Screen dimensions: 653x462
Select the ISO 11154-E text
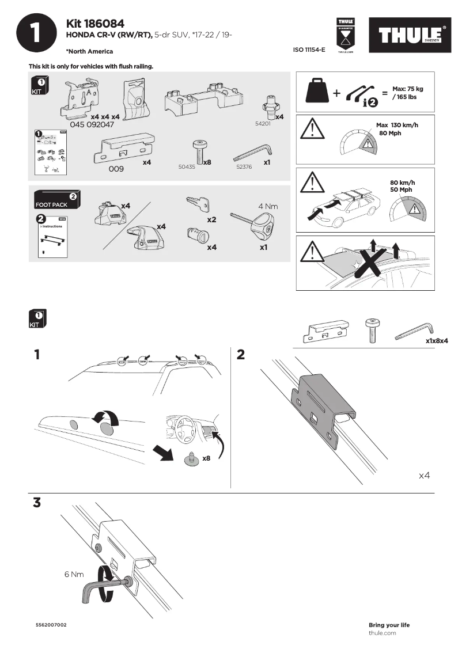coord(309,50)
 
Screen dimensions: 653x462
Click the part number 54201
coord(262,124)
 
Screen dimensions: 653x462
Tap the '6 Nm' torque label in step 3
coord(74,574)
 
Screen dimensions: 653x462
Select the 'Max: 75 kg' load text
coord(407,89)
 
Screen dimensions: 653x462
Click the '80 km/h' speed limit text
coord(402,183)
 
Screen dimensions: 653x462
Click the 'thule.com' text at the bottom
coord(382,633)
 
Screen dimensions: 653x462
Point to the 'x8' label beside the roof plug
coord(206,458)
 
